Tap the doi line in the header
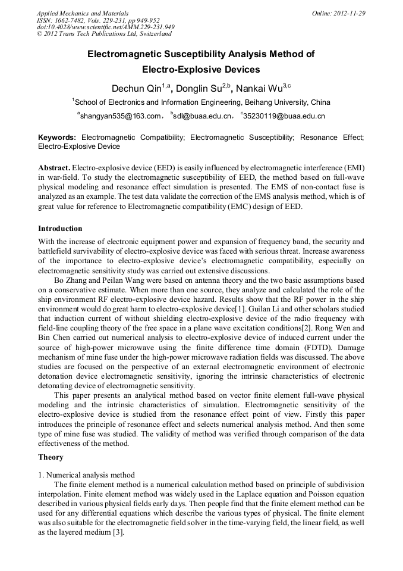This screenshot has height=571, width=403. tap(105, 27)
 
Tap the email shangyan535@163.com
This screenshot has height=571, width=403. tap(121, 116)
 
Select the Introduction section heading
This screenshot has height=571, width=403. tap(60, 229)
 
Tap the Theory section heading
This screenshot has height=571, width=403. tap(51, 457)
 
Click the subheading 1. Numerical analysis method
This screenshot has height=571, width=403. tap(86, 475)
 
